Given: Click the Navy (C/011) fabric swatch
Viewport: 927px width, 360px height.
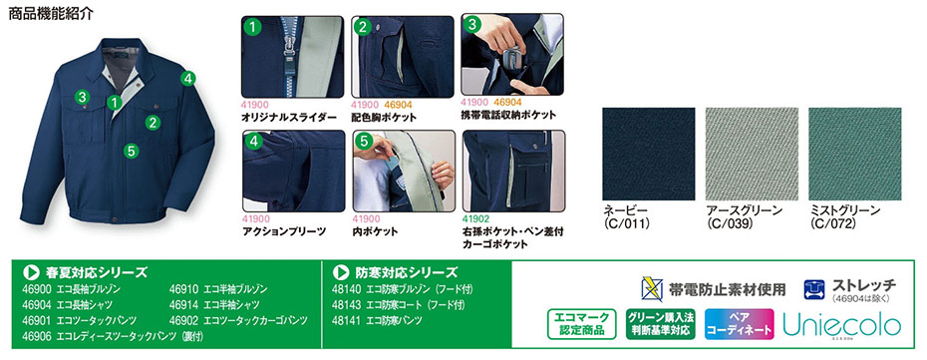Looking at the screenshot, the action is (x=649, y=154).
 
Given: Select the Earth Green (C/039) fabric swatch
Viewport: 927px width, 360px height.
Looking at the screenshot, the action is (x=752, y=154).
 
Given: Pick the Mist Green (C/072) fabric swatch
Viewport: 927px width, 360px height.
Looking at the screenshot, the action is (x=855, y=154).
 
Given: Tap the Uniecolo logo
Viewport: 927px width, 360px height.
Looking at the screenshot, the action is (x=842, y=324).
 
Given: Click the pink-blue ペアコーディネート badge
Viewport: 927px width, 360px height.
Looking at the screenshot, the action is (x=739, y=324).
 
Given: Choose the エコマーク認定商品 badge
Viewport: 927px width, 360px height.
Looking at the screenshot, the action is (x=582, y=324).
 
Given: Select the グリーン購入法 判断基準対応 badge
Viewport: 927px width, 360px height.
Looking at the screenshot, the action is (x=661, y=324).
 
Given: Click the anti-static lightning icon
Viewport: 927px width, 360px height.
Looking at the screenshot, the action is (x=652, y=289).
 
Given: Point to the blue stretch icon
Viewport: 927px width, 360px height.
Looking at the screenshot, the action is (x=814, y=289).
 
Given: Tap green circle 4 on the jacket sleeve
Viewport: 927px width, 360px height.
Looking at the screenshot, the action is (x=188, y=78).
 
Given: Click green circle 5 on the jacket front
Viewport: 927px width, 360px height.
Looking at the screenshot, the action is (x=132, y=151).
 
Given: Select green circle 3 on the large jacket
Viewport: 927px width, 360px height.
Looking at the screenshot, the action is (x=82, y=97).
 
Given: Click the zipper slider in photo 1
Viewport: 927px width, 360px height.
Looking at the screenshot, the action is (x=290, y=44).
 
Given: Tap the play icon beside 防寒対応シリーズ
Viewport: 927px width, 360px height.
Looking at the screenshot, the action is (x=340, y=272).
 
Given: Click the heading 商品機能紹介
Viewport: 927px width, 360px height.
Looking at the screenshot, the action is (x=51, y=14).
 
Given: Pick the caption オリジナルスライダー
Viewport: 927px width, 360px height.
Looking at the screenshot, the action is (x=289, y=117).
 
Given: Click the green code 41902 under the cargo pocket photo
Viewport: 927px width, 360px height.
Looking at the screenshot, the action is (x=475, y=218).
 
